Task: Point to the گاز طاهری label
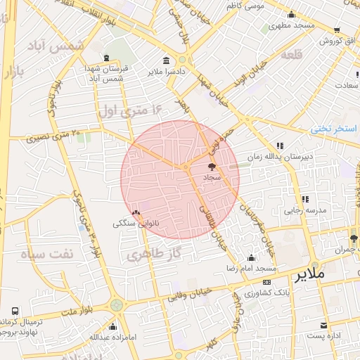click(x=155, y=252)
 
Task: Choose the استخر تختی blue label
click(x=335, y=129)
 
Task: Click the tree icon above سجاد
click(x=212, y=167)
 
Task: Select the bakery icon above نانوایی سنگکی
click(x=136, y=212)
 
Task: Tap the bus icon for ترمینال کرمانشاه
click(x=15, y=311)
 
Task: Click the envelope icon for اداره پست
click(x=323, y=326)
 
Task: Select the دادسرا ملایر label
click(x=166, y=72)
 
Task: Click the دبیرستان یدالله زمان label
click(x=281, y=157)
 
